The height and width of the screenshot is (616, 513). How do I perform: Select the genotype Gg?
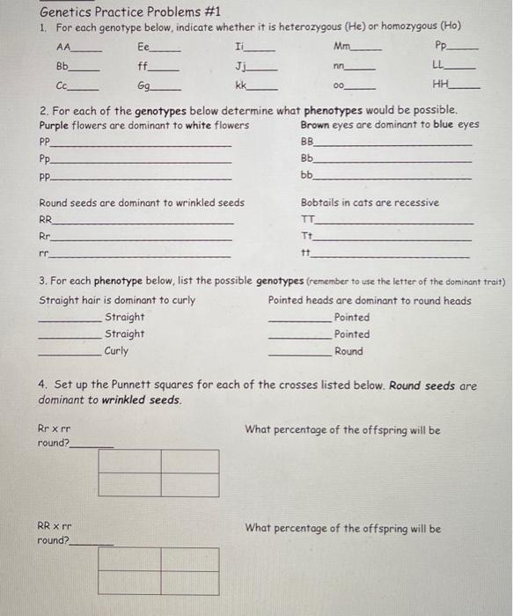(x=146, y=86)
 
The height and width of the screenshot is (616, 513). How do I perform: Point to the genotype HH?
(x=440, y=85)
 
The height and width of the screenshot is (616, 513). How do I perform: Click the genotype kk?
(x=240, y=86)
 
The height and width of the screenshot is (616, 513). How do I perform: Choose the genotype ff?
(x=143, y=66)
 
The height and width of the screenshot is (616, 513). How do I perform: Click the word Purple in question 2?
(x=56, y=125)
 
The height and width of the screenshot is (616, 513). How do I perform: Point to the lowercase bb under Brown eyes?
(x=306, y=175)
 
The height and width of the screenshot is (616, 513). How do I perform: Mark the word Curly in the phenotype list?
(x=116, y=350)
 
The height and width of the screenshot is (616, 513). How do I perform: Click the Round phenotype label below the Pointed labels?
(x=348, y=350)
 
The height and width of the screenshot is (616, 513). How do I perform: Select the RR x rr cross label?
(x=55, y=528)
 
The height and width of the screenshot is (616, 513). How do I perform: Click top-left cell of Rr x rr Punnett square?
(x=129, y=462)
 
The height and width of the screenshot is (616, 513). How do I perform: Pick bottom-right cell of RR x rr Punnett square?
(x=189, y=583)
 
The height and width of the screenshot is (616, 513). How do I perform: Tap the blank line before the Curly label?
(x=70, y=353)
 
